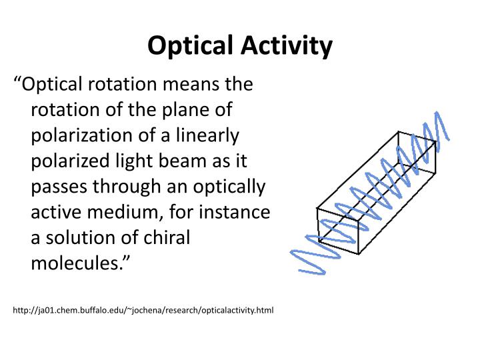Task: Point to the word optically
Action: click(233, 187)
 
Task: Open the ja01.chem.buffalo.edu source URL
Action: click(143, 310)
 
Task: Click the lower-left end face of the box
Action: click(339, 233)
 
